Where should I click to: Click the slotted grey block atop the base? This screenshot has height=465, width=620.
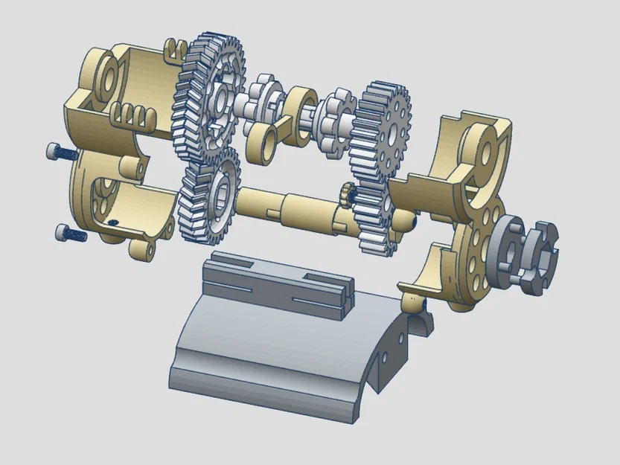click(279, 283)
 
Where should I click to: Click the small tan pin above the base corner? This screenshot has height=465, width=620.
click(412, 301)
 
